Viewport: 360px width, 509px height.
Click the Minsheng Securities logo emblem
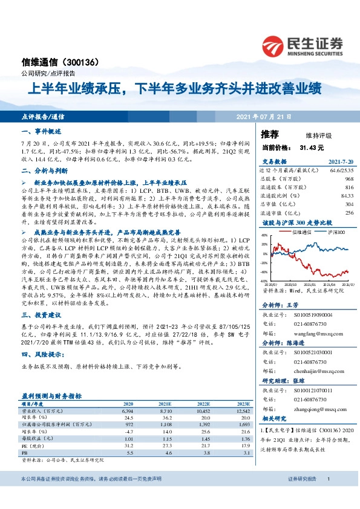275,44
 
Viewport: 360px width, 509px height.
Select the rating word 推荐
270,134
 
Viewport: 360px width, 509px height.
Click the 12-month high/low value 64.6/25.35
340,172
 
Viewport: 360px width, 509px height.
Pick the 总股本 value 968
349,180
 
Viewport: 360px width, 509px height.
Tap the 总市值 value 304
349,204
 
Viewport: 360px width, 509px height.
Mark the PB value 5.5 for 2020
128,453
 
